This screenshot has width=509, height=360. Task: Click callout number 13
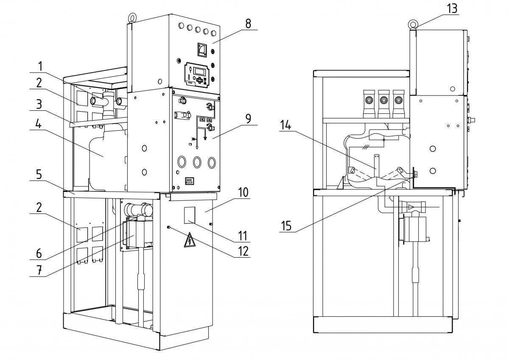pos(452,8)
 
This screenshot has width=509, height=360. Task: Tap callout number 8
pos(248,24)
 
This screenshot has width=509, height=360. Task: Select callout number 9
pos(248,119)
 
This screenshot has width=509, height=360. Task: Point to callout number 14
pos(285,125)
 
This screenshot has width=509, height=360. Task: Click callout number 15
pos(286,226)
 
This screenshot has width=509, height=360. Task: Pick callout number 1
pos(40,66)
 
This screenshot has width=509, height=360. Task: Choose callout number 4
pos(39,124)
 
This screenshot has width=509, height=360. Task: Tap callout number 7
pos(39,270)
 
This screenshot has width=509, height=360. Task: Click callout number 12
pos(243,251)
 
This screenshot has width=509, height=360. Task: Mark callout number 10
pos(243,192)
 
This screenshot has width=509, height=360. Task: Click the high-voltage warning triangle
pos(190,240)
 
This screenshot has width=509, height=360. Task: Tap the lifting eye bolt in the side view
pos(412,24)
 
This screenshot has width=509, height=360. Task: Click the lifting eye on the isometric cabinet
pos(131,17)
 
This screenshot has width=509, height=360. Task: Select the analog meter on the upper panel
pos(202,49)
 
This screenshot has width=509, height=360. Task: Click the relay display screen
pos(199,72)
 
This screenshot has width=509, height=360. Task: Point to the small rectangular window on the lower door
pos(190,215)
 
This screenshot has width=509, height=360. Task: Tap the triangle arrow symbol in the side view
pos(411,207)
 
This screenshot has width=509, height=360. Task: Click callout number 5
pos(39,174)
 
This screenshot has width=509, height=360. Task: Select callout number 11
pos(243,236)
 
